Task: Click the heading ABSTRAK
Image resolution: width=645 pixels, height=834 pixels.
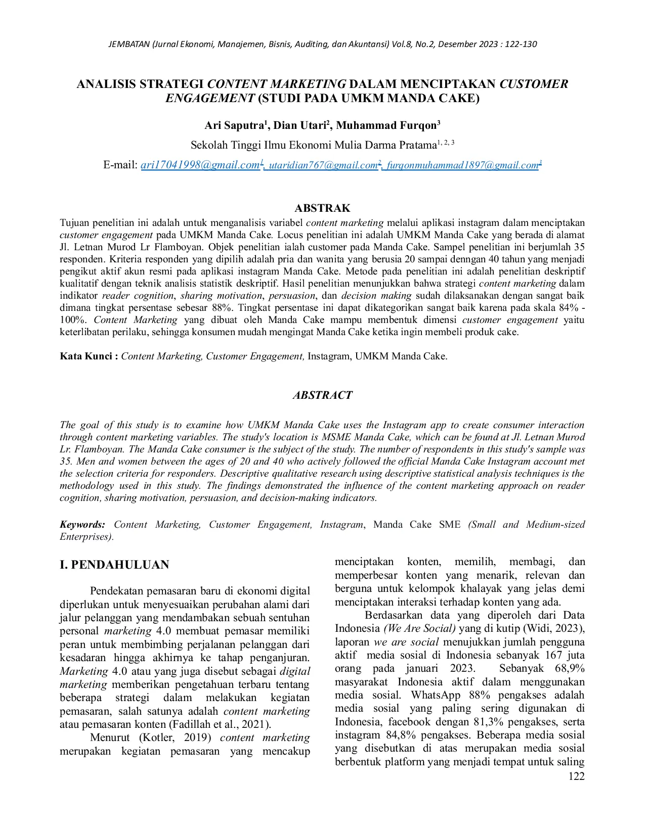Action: tap(322, 208)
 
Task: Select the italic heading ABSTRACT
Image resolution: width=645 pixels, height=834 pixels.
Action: tap(322, 395)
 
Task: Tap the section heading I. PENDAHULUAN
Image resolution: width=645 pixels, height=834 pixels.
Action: tap(114, 565)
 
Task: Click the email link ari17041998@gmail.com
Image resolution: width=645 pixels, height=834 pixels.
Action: tap(200, 165)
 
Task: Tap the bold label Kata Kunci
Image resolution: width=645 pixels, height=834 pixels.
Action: tap(89, 356)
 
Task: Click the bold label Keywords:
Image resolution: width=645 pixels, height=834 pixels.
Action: tap(82, 525)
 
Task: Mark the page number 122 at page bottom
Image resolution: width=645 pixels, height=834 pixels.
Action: tap(576, 776)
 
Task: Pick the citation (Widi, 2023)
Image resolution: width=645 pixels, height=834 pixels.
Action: tap(553, 629)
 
